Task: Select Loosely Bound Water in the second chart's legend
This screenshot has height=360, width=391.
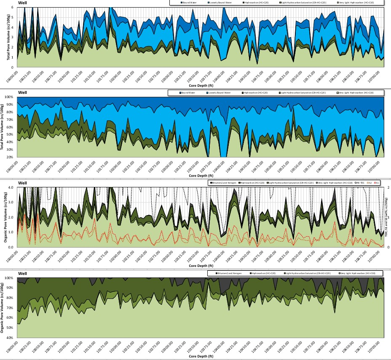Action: (x=220, y=93)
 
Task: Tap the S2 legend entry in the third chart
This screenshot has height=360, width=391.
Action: (x=369, y=183)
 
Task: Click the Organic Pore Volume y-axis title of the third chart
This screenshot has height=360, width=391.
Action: (x=4, y=217)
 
